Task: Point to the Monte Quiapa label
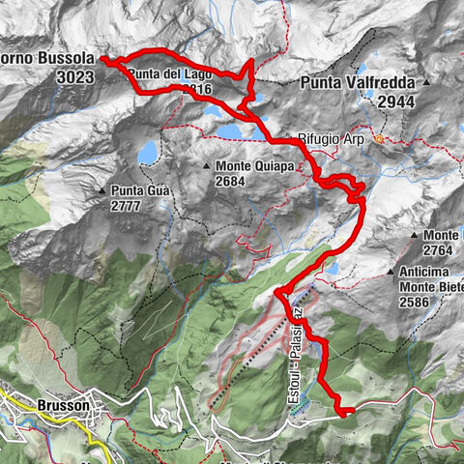pos(247,165)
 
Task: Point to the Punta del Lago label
pos(156,73)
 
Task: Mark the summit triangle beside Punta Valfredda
pos(426,83)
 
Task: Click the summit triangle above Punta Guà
pos(102,191)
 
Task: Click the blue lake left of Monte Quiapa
pos(148,153)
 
